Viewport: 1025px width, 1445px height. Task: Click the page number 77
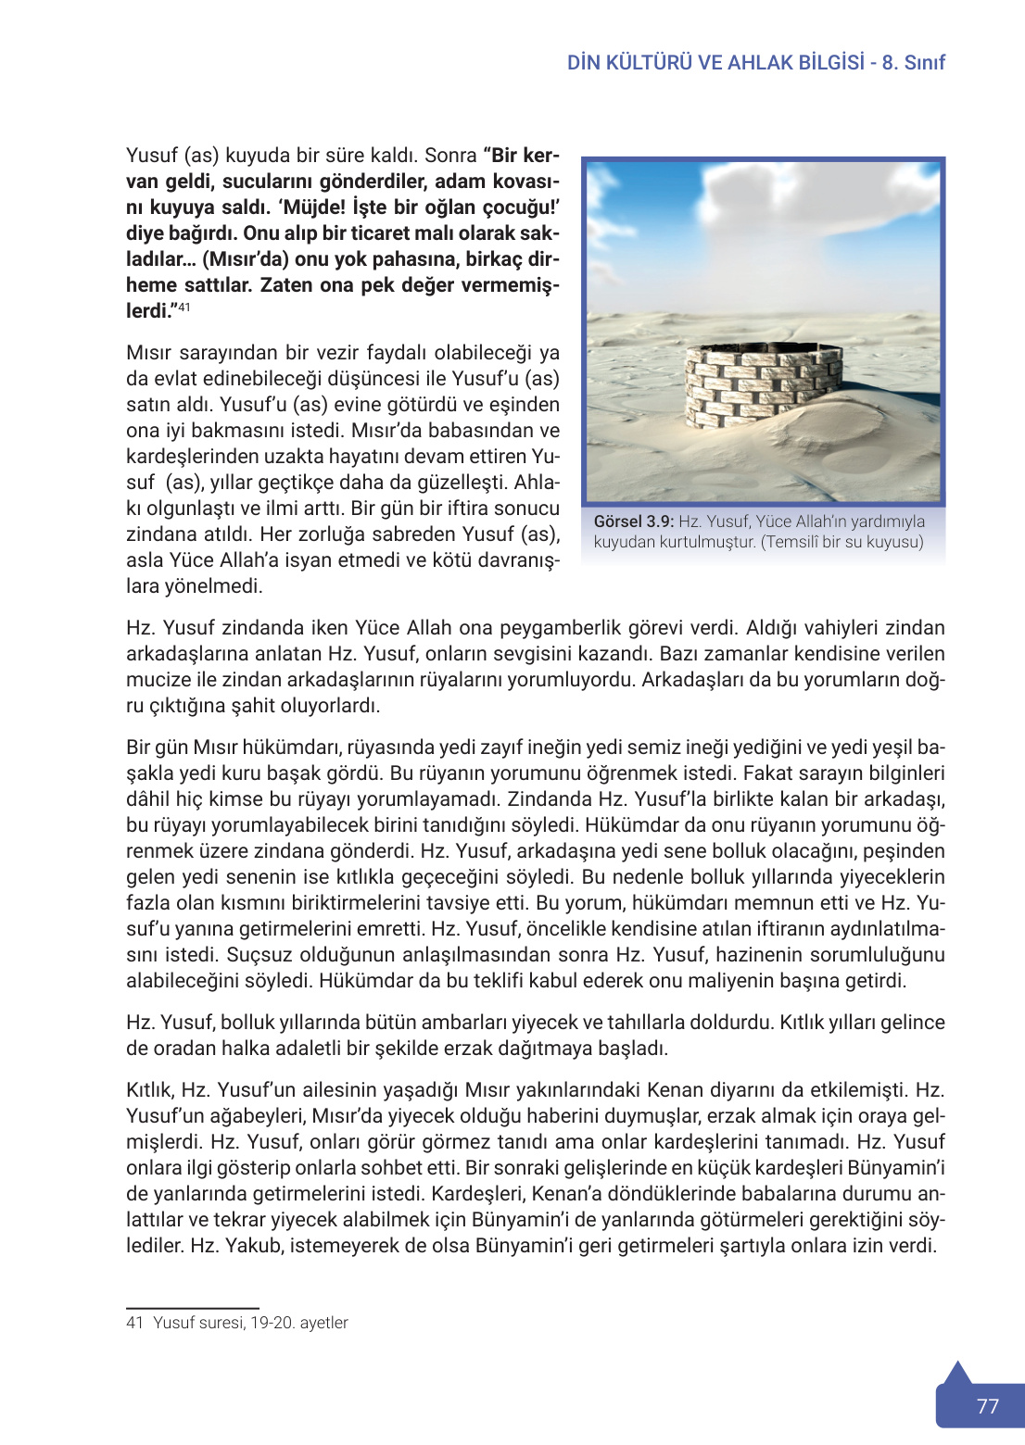coord(987,1406)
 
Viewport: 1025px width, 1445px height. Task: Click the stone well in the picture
coord(763,386)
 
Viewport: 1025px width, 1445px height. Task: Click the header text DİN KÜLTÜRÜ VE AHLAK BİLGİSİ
coord(715,62)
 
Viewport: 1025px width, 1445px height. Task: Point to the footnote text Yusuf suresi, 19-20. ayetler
coord(250,1323)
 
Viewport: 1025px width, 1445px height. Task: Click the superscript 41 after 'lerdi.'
coord(184,307)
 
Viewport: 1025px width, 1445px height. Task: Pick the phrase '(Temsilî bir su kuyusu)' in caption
coord(842,542)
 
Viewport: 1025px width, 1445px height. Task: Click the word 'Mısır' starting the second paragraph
coord(149,353)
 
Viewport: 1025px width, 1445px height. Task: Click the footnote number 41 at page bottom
coord(134,1323)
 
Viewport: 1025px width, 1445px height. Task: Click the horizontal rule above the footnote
coord(192,1308)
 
